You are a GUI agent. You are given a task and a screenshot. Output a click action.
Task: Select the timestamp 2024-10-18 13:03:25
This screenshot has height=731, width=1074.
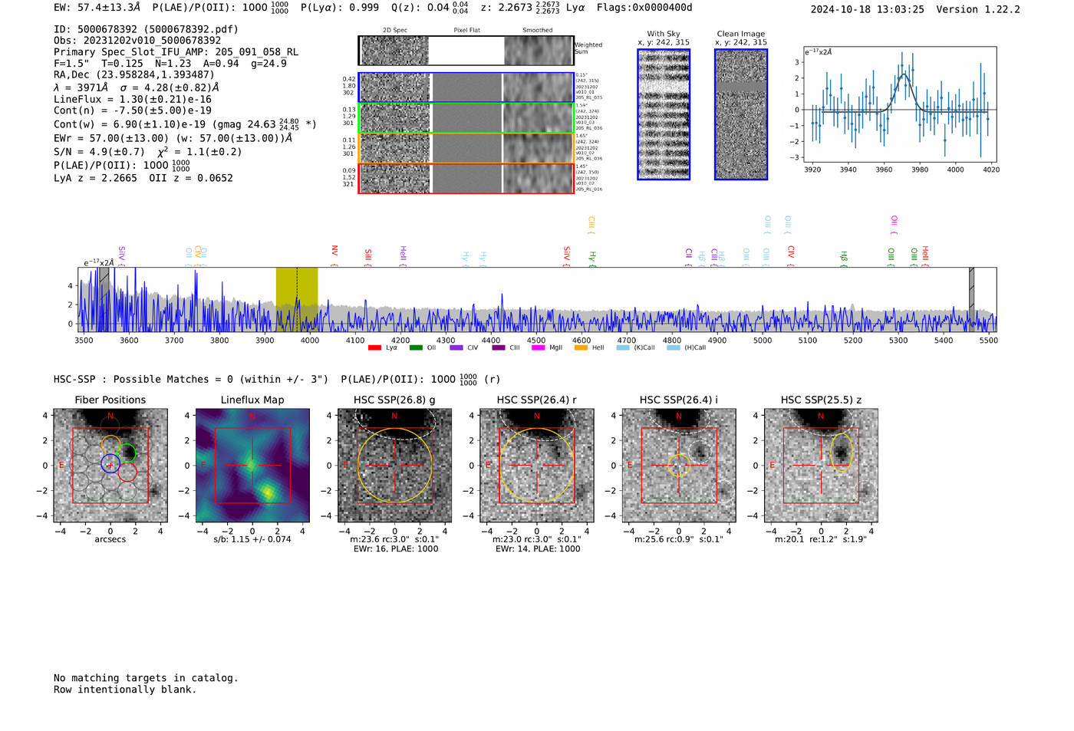(867, 9)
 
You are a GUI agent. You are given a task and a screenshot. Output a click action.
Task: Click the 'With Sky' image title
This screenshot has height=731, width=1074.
(663, 34)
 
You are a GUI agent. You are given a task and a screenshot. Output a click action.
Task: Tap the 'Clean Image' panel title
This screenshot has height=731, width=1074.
(740, 34)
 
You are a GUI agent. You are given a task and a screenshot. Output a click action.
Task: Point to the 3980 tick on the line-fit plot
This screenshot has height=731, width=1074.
(919, 170)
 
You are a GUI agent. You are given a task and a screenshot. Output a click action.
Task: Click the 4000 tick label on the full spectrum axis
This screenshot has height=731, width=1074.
(310, 340)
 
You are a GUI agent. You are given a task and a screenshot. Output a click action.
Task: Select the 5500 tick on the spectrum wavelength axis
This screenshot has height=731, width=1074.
(988, 340)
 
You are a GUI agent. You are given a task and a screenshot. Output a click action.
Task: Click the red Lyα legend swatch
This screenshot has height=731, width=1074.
(374, 347)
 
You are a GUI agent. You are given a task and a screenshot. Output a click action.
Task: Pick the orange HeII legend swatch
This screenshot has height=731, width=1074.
(581, 347)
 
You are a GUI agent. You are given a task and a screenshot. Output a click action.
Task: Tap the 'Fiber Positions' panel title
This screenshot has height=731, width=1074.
(110, 400)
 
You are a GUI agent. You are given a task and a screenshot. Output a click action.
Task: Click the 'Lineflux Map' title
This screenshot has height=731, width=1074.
(252, 400)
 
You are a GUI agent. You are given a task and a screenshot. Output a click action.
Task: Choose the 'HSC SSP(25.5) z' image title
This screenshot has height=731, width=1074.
(821, 400)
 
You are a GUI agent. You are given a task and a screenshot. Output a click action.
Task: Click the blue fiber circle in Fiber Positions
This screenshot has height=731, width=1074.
(110, 463)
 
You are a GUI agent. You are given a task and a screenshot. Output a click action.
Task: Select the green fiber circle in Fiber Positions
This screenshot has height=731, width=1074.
(127, 453)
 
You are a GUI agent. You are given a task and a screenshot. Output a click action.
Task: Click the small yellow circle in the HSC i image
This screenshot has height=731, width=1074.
(679, 466)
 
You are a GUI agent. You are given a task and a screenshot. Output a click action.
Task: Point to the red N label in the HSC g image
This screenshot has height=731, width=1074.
(394, 417)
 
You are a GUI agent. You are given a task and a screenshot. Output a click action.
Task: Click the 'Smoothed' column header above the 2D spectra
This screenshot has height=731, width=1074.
(537, 31)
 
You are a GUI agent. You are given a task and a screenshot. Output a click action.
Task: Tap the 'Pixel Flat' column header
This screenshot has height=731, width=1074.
(466, 31)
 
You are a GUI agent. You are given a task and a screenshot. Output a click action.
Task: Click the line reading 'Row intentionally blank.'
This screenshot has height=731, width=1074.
(125, 689)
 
